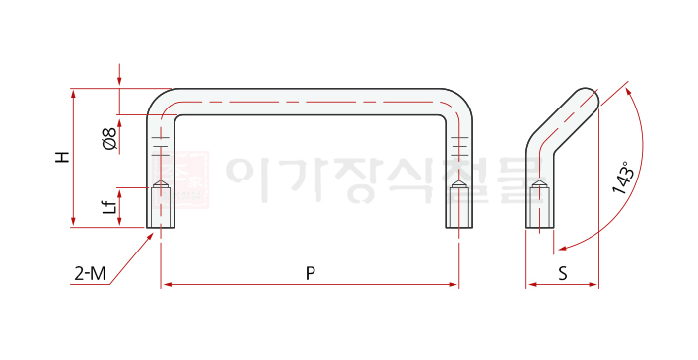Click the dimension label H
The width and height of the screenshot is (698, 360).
point(63,157)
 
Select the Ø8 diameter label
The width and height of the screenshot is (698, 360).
point(109,138)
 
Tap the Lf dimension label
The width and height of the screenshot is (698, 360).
point(110,206)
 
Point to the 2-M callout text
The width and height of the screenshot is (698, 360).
point(91,273)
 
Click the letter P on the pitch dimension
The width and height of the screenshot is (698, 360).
point(311,273)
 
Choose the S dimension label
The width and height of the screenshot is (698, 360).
point(563,273)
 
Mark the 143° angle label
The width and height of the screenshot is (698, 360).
point(623,178)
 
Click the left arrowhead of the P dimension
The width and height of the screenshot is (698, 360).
point(167,284)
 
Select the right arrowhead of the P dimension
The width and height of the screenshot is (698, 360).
point(454,284)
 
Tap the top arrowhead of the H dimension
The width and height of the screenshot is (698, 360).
point(74,94)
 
